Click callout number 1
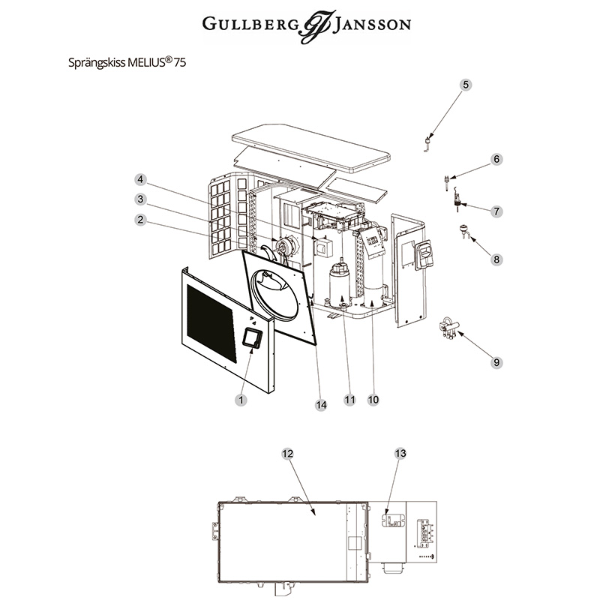241,400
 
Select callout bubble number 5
466,85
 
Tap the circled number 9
496,362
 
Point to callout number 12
287,454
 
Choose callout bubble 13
400,454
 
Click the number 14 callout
322,404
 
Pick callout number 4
140,179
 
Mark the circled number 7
496,211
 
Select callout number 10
373,400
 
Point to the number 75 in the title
179,64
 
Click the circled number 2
140,220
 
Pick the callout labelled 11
349,400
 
